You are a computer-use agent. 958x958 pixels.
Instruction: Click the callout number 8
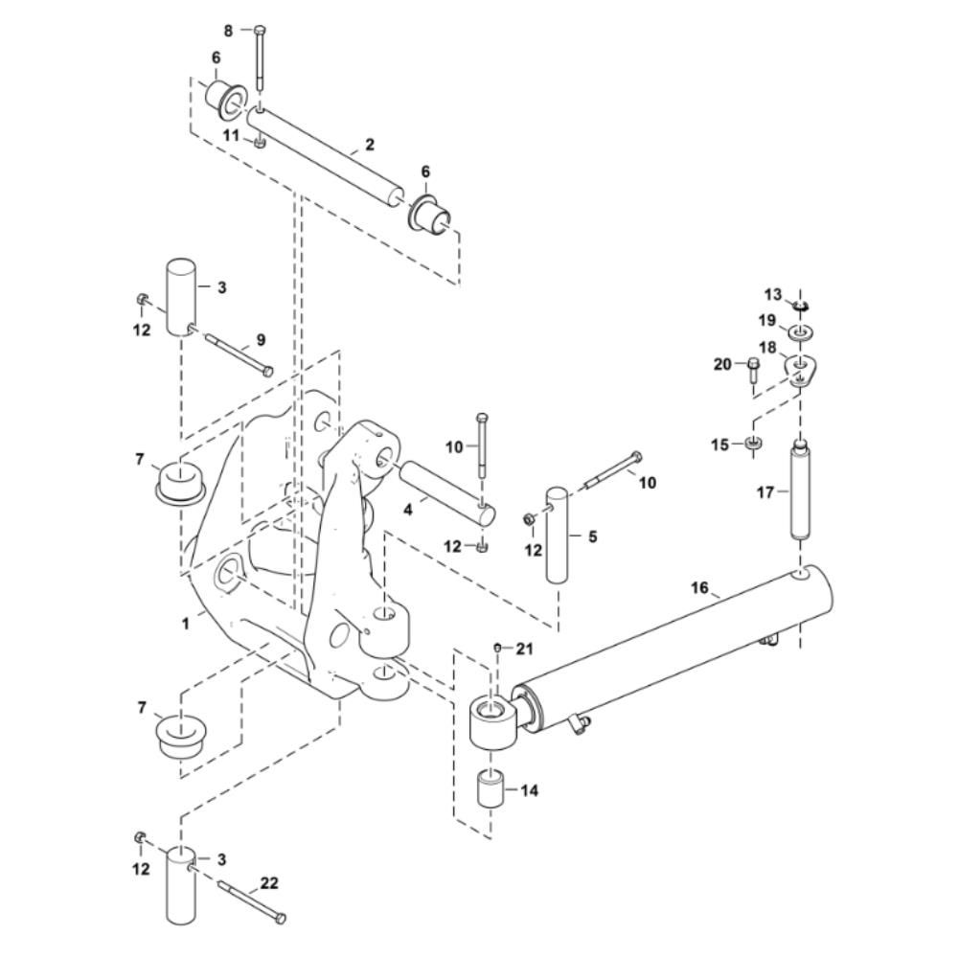pyautogui.click(x=229, y=31)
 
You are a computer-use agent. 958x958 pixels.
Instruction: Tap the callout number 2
pyautogui.click(x=369, y=145)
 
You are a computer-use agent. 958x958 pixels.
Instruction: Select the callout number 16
pyautogui.click(x=699, y=588)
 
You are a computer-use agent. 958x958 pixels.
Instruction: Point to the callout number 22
pyautogui.click(x=269, y=883)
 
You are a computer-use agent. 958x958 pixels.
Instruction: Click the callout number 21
pyautogui.click(x=525, y=649)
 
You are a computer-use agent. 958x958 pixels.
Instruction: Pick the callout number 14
pyautogui.click(x=530, y=790)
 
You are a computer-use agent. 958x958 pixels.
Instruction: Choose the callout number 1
pyautogui.click(x=186, y=624)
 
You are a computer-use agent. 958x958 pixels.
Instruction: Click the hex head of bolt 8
pyautogui.click(x=259, y=30)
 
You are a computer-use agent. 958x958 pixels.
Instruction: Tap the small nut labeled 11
pyautogui.click(x=260, y=143)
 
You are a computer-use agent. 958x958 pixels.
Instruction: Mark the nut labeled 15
pyautogui.click(x=753, y=443)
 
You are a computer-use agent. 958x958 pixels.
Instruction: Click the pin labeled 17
pyautogui.click(x=801, y=489)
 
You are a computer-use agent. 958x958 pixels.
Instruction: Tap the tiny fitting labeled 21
pyautogui.click(x=497, y=647)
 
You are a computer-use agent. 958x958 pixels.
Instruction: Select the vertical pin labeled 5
pyautogui.click(x=557, y=535)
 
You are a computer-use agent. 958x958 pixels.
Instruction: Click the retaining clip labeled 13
pyautogui.click(x=801, y=303)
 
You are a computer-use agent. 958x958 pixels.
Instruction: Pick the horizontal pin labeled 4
pyautogui.click(x=447, y=493)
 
